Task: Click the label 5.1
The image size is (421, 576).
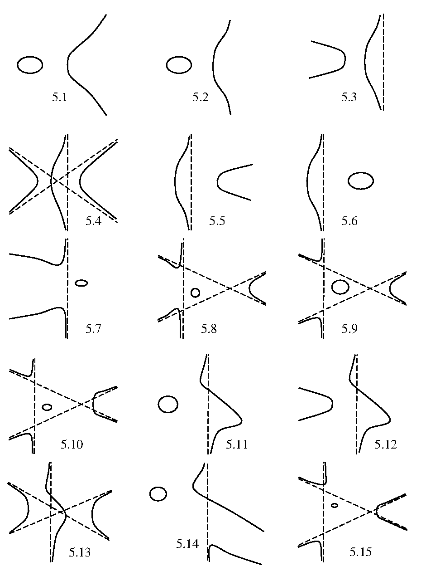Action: tap(60, 98)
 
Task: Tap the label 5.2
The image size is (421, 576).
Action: tap(201, 98)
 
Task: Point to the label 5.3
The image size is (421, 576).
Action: tap(349, 98)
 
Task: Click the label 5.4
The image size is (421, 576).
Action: tap(93, 221)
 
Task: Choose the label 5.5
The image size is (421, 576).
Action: tap(217, 221)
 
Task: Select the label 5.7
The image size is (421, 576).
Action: tap(93, 329)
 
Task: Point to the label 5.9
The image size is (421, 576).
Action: tap(349, 329)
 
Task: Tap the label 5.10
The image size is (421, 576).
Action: tap(72, 444)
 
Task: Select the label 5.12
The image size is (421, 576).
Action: tap(386, 444)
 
